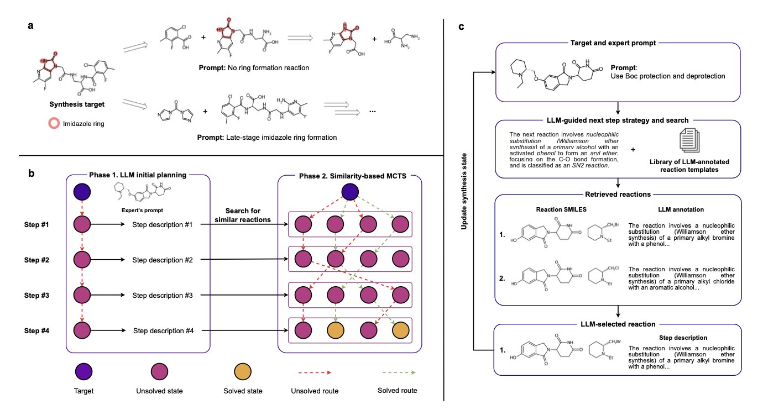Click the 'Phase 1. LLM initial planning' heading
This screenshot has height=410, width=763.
[138, 176]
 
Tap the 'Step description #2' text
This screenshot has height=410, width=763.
[163, 259]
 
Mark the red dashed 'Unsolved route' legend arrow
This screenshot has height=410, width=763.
[310, 372]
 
